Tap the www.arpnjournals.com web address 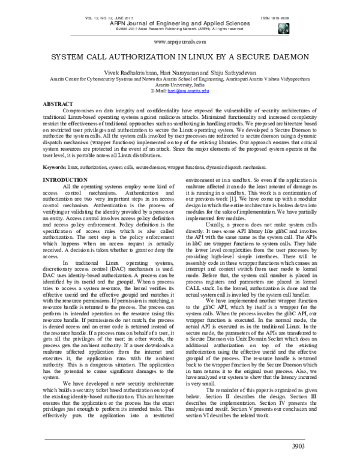[x=180, y=43]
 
